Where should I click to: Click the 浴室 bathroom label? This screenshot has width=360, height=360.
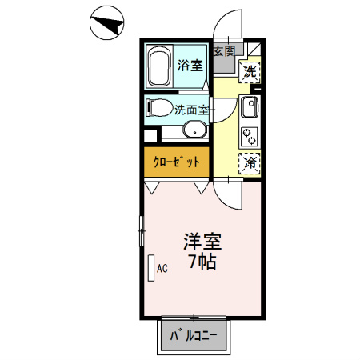(x=189, y=66)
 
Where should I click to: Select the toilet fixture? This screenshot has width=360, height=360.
(x=158, y=106)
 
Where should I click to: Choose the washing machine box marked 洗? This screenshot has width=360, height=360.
(x=250, y=70)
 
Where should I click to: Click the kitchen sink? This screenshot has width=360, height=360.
(x=249, y=107)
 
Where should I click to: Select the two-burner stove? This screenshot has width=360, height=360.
(x=249, y=135)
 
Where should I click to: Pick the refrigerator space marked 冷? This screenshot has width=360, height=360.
(x=250, y=162)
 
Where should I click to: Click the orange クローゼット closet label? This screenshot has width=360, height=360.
(x=176, y=162)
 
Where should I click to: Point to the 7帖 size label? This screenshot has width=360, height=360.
(x=202, y=261)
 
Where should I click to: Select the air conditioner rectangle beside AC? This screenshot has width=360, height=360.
(x=150, y=268)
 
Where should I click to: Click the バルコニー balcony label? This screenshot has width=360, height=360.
(x=195, y=337)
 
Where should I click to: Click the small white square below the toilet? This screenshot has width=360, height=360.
(x=150, y=133)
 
